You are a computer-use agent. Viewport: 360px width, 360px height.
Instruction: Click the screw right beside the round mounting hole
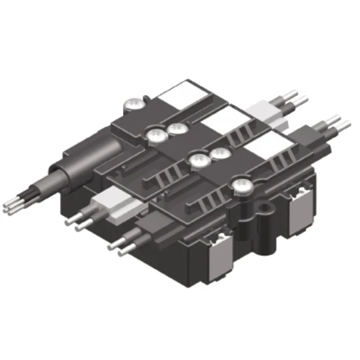tap(242, 185)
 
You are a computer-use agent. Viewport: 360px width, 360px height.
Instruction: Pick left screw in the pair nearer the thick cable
tap(154, 134)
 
